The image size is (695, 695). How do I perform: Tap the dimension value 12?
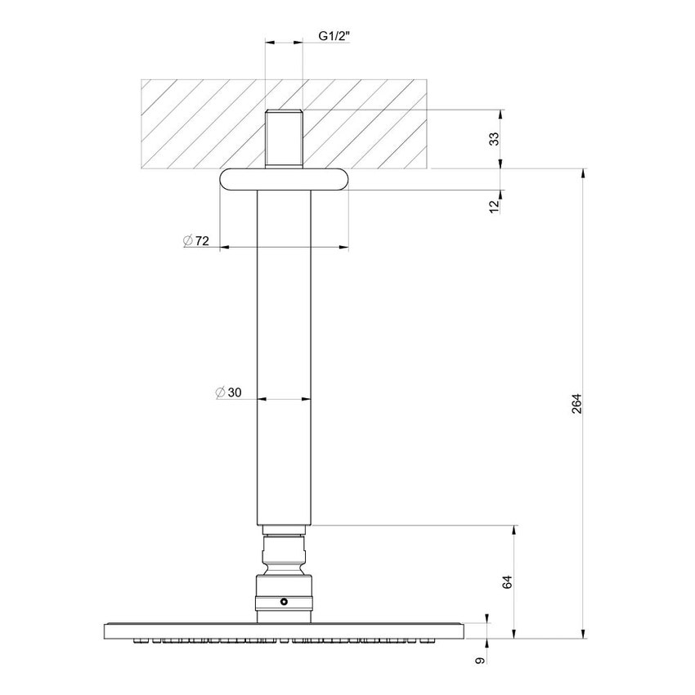[x=494, y=205]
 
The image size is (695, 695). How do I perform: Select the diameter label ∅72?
[x=197, y=240]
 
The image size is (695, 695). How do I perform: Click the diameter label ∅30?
[x=230, y=392]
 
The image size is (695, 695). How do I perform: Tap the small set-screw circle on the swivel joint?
[x=284, y=603]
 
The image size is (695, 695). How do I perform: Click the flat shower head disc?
[x=284, y=630]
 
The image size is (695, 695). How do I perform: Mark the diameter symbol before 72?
[x=187, y=240]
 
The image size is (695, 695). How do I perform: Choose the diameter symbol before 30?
[x=220, y=392]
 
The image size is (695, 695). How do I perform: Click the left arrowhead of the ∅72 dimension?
[x=223, y=246]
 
